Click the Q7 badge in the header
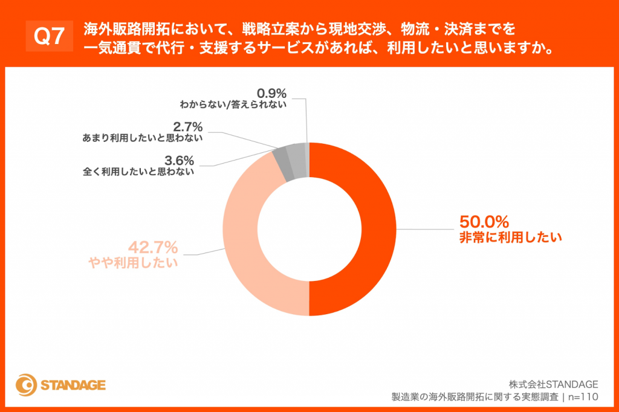click(x=48, y=38)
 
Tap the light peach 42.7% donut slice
click(x=248, y=242)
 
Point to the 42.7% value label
click(x=152, y=247)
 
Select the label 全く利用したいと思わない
click(x=138, y=172)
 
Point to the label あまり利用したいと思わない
click(x=142, y=138)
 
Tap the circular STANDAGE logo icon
click(x=25, y=385)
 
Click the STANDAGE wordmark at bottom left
click(x=73, y=385)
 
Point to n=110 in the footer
click(x=584, y=397)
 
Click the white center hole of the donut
click(x=309, y=229)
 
